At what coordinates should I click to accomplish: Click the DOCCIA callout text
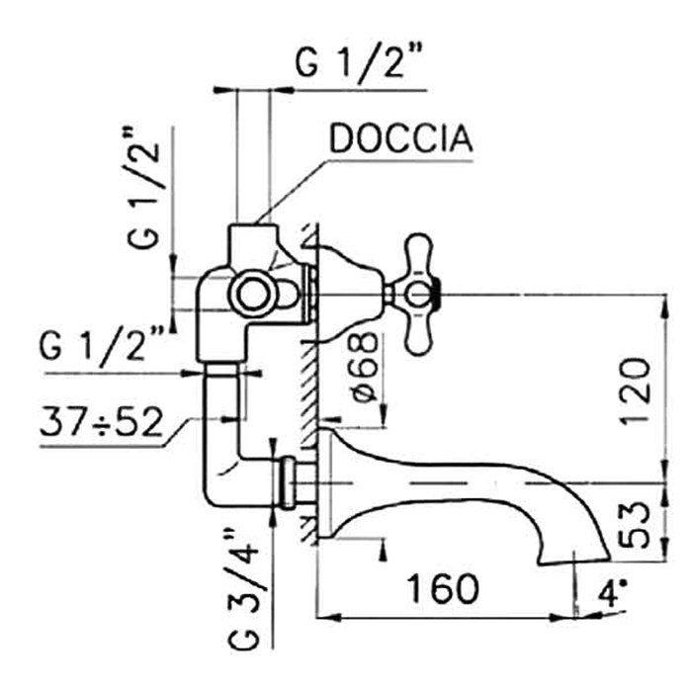(x=400, y=139)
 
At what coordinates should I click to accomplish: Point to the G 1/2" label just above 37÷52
(x=103, y=348)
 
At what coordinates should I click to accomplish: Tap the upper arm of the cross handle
(x=419, y=254)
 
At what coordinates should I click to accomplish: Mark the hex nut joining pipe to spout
(x=289, y=483)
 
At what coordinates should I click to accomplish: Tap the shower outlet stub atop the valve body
(x=251, y=239)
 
